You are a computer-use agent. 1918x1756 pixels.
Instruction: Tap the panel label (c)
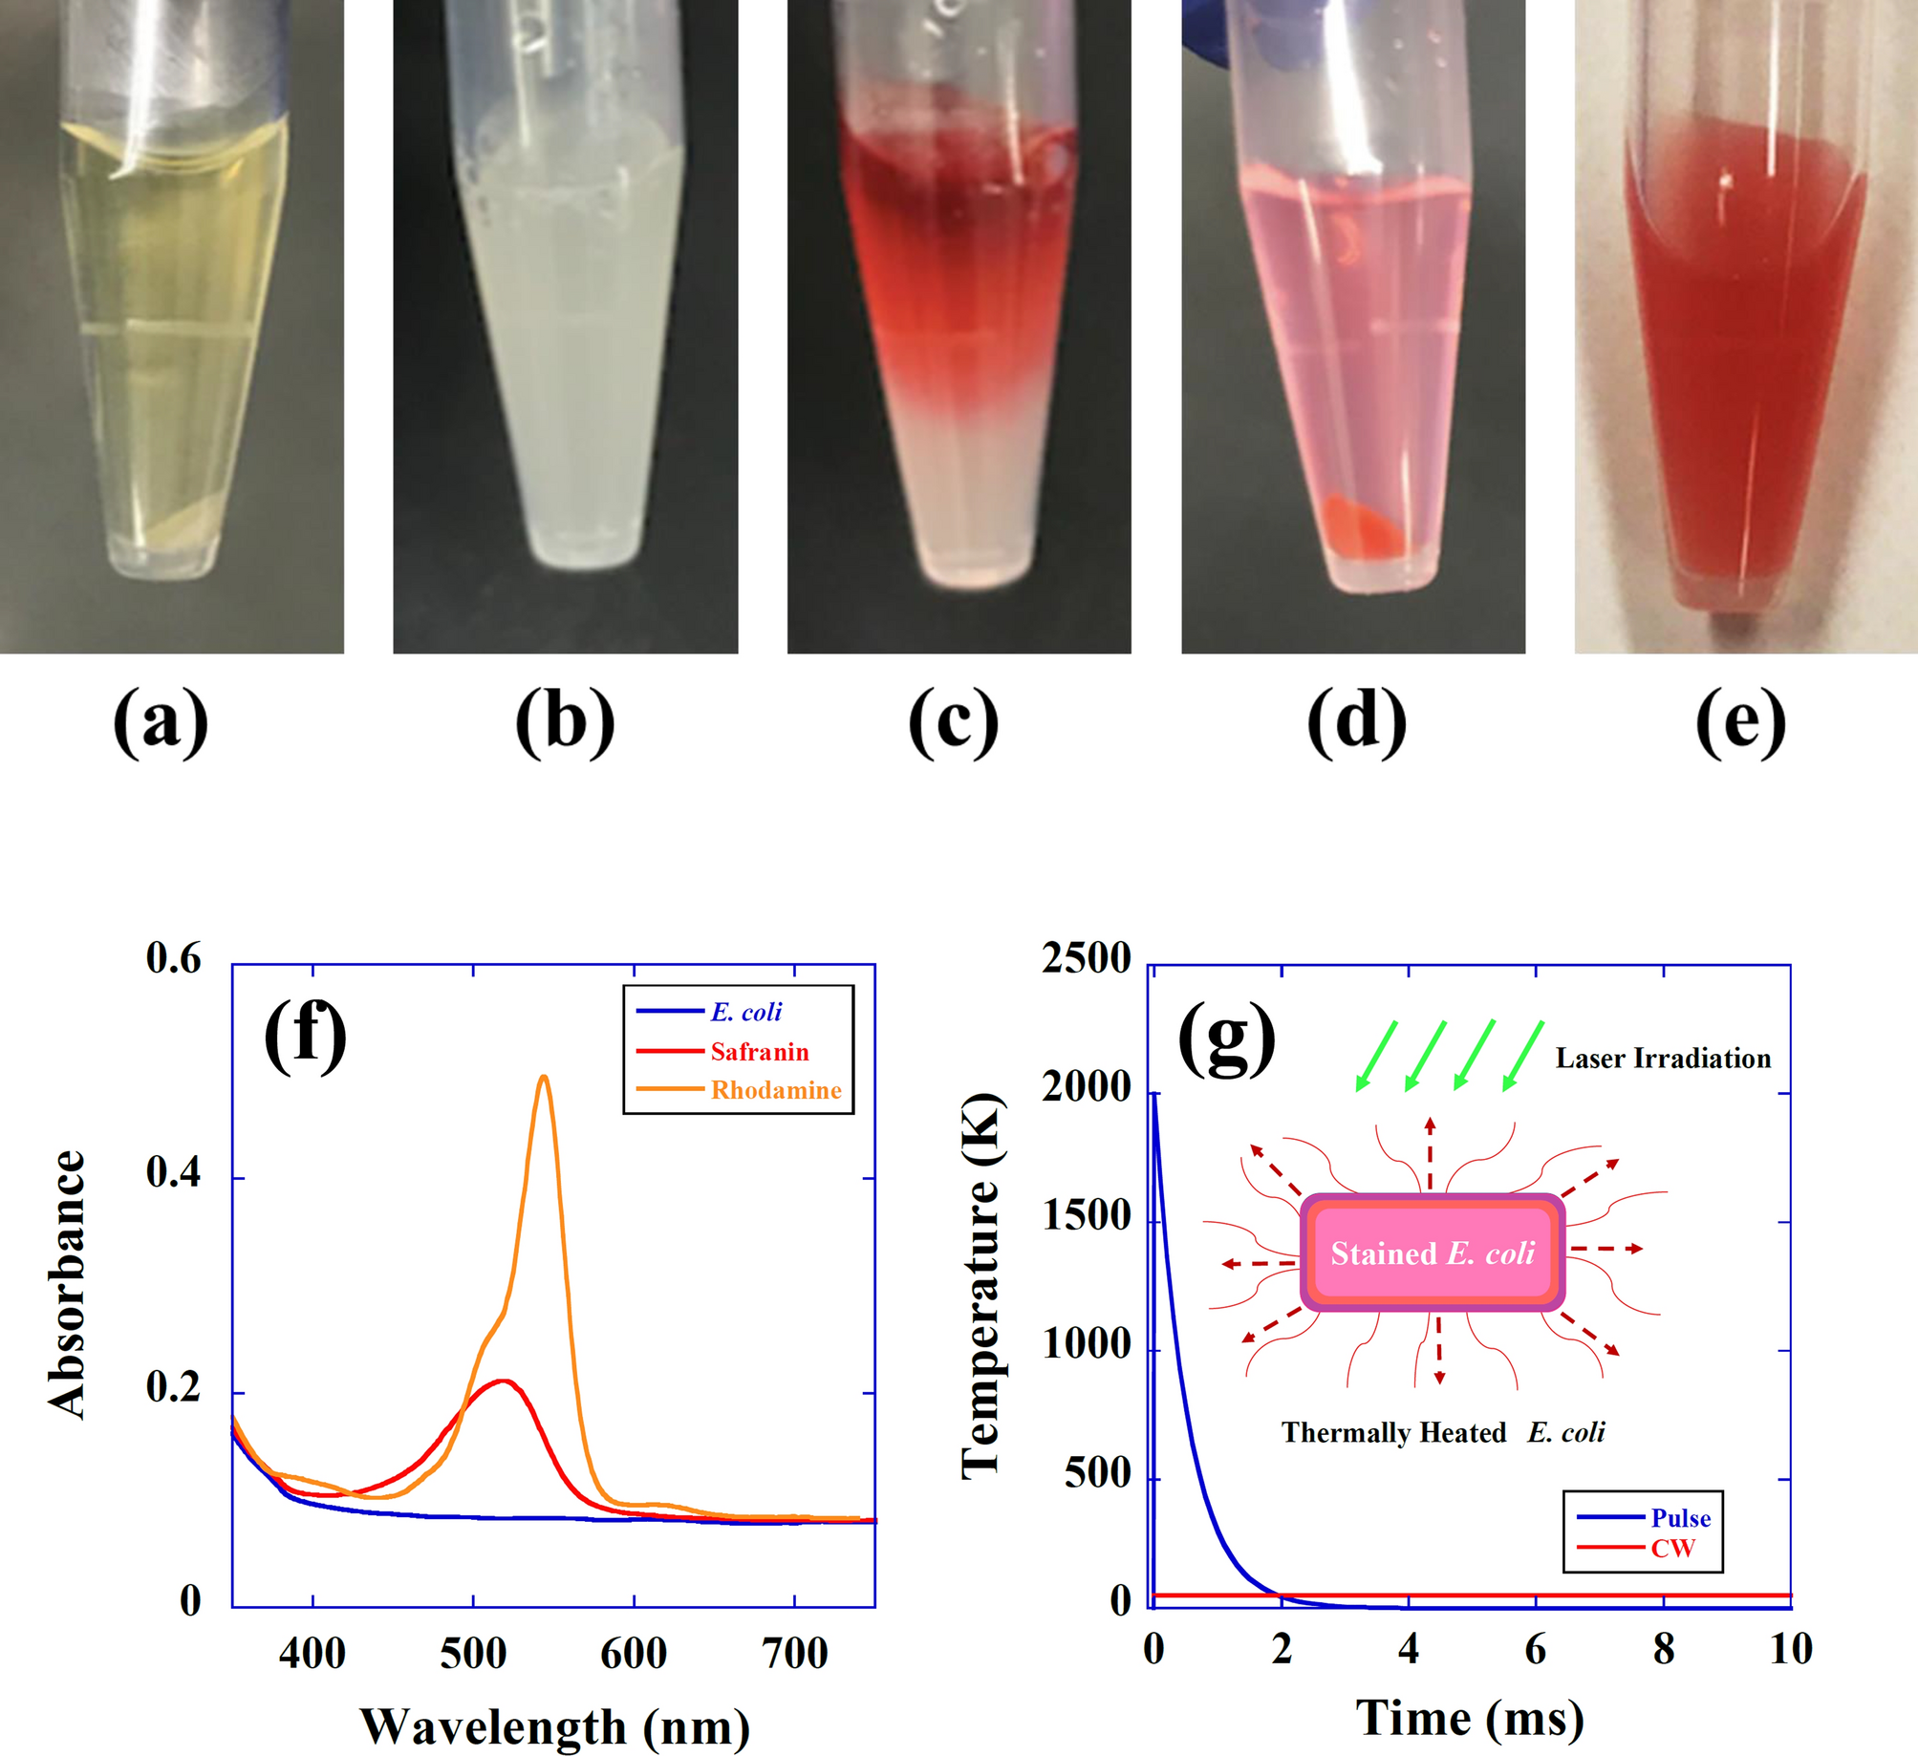click(x=953, y=723)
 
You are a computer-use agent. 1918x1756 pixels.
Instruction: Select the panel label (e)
click(x=1740, y=723)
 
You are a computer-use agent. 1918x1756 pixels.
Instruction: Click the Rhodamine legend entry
click(x=775, y=1090)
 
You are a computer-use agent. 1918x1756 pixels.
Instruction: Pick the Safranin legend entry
click(x=759, y=1052)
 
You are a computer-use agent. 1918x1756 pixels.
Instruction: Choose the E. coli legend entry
click(x=745, y=1012)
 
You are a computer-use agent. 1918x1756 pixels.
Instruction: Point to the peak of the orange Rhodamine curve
click(x=544, y=1077)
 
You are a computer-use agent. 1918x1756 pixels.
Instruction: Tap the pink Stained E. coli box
click(x=1432, y=1253)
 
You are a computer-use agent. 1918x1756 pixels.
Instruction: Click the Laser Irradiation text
click(x=1663, y=1059)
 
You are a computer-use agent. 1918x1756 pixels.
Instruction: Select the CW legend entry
click(x=1671, y=1549)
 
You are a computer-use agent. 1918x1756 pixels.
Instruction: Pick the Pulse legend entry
click(x=1680, y=1518)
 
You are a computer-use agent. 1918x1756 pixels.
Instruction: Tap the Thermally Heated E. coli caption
click(x=1443, y=1432)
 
